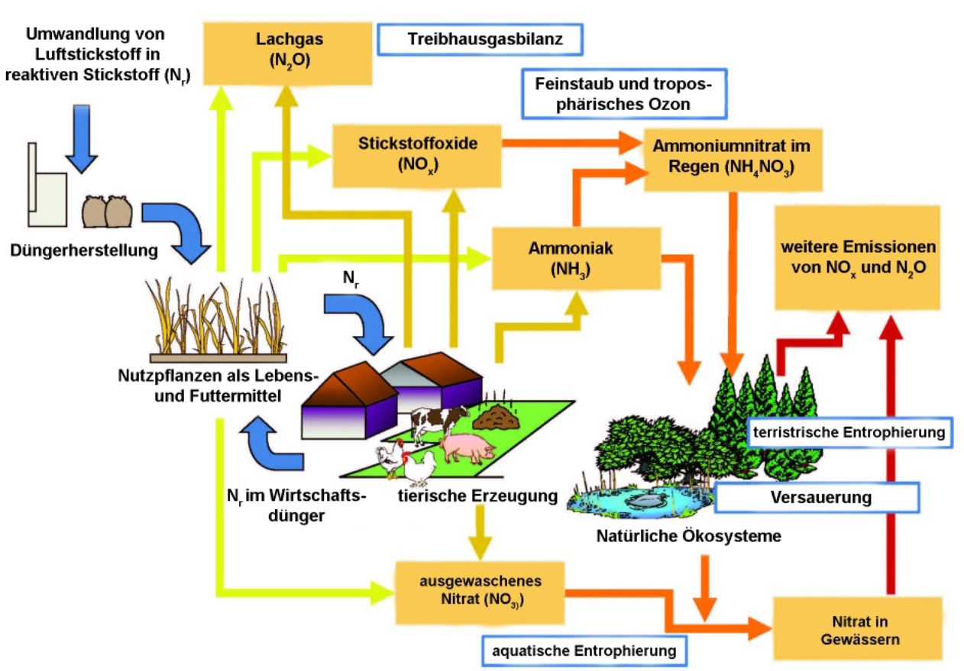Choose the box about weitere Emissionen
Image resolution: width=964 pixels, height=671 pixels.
tap(858, 257)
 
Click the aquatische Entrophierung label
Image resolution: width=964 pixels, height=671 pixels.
tap(584, 651)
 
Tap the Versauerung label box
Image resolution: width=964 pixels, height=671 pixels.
tap(820, 498)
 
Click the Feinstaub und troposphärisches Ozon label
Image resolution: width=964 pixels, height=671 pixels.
tap(623, 93)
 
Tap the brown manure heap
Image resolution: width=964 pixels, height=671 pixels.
tap(495, 416)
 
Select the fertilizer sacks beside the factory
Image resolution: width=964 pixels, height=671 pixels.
tap(107, 211)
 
